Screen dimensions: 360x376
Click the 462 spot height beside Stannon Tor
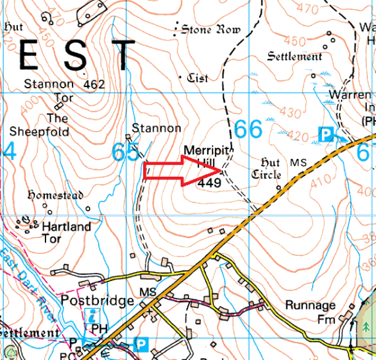pyautogui.click(x=95, y=85)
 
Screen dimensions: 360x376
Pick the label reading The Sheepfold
pyautogui.click(x=57, y=125)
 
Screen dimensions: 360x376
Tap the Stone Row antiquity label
pyautogui.click(x=210, y=30)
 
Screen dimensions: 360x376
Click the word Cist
pyautogui.click(x=197, y=78)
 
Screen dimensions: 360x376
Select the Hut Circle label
pyautogui.click(x=266, y=169)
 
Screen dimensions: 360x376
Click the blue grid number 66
pyautogui.click(x=248, y=129)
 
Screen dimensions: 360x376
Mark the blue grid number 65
pyautogui.click(x=125, y=152)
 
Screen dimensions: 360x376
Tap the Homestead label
pyautogui.click(x=54, y=195)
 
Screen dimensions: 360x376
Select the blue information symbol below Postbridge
pyautogui.click(x=94, y=315)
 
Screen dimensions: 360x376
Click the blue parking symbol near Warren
pyautogui.click(x=325, y=135)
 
